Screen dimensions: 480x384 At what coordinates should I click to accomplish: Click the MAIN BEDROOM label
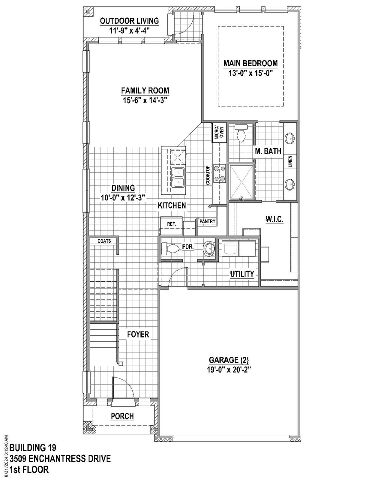(x=250, y=63)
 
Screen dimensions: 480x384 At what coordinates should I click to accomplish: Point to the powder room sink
(x=209, y=249)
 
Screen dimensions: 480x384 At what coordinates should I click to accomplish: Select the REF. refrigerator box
(x=171, y=224)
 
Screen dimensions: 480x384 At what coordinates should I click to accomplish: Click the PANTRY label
(x=207, y=221)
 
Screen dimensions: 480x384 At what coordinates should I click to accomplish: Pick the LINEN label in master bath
(x=290, y=161)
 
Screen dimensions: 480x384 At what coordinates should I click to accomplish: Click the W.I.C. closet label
(x=274, y=219)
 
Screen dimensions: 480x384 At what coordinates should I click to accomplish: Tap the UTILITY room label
(x=242, y=274)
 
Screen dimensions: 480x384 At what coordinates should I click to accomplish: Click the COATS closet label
(x=104, y=241)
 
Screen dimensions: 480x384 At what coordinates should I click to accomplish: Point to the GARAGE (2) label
(x=229, y=360)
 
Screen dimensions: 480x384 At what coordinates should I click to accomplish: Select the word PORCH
(x=122, y=416)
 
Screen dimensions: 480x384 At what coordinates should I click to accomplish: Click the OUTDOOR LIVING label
(x=129, y=21)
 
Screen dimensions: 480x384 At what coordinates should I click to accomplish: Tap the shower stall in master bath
(x=241, y=182)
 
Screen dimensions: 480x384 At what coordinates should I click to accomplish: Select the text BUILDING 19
(x=33, y=448)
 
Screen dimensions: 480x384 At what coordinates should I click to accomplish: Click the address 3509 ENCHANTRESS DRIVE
(x=60, y=459)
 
